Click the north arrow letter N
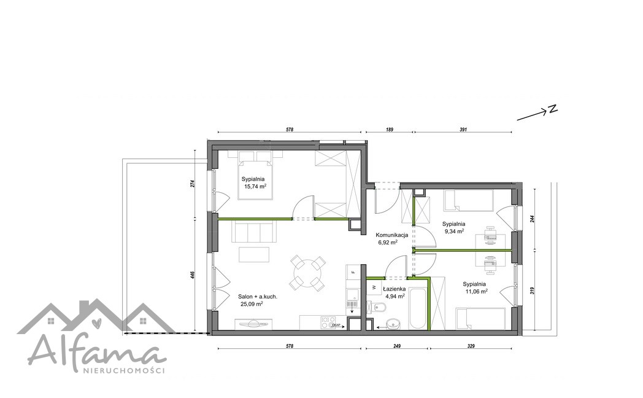(553, 109)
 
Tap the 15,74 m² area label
(255, 186)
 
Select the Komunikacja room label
(391, 235)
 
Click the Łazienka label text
(394, 289)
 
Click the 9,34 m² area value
(455, 231)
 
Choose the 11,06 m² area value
(476, 291)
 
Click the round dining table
(307, 273)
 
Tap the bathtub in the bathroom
(417, 305)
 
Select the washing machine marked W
(374, 287)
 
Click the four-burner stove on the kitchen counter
(328, 322)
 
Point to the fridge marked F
(352, 271)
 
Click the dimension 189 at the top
(390, 130)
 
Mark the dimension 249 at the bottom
(396, 346)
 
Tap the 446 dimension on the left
(192, 275)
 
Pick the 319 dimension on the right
(532, 291)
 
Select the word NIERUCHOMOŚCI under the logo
(124, 370)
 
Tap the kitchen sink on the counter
(352, 295)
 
